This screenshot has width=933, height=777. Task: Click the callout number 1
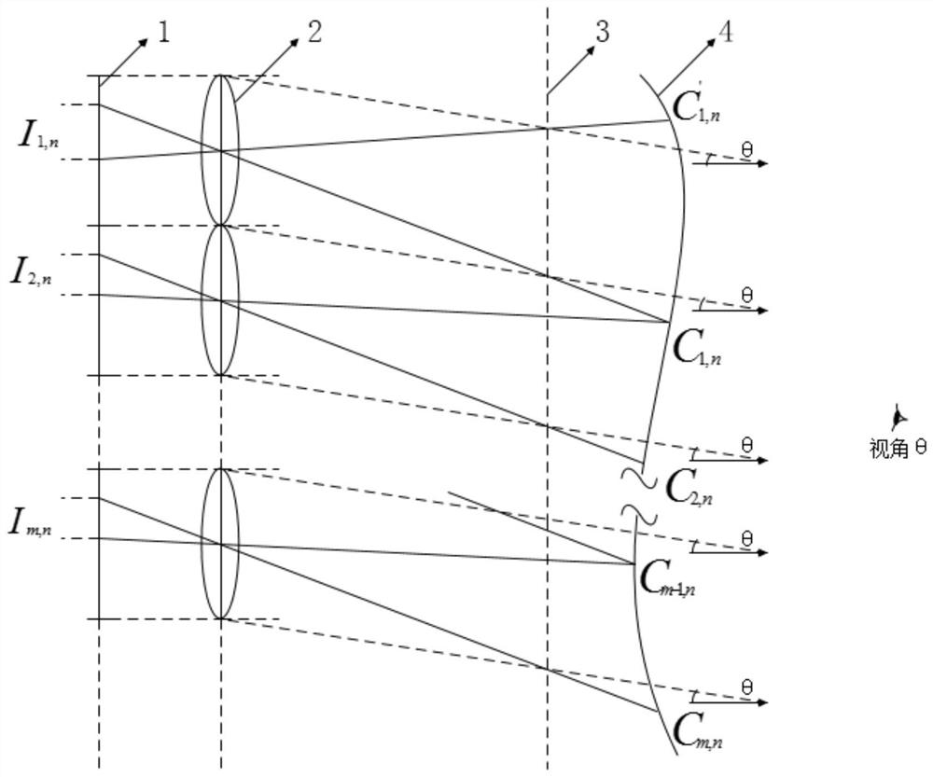point(164,34)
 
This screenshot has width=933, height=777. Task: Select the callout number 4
point(724,34)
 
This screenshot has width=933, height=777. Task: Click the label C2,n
point(691,486)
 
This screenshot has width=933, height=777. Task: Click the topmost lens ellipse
point(221,150)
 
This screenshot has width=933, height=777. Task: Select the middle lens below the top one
point(221,300)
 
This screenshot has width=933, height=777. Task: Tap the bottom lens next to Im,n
point(221,543)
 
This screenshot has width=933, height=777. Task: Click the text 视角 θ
point(897,449)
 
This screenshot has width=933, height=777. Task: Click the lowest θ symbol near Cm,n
point(746,688)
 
